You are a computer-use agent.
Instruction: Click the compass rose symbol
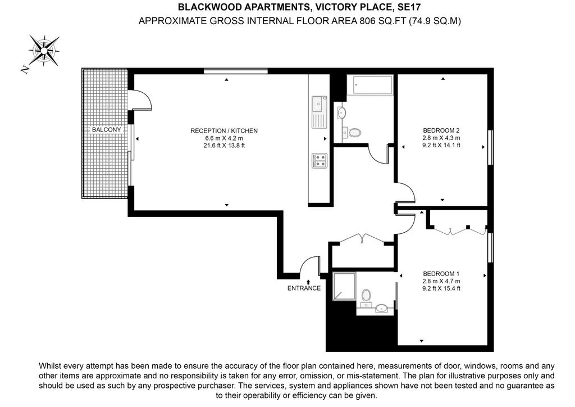point(44,51)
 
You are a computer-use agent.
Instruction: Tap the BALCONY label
point(106,129)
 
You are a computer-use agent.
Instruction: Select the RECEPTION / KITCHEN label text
point(224,130)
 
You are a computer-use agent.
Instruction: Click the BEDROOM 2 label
point(441,130)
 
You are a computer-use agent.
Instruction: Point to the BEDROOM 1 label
point(441,273)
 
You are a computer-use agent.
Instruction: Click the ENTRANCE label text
point(304,288)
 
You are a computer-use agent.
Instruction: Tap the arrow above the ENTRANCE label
point(308,282)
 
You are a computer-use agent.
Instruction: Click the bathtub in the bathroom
point(369,85)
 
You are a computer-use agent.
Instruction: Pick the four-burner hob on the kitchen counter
point(320,160)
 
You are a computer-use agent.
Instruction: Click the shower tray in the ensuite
point(344,286)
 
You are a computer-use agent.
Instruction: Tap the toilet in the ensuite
point(366,297)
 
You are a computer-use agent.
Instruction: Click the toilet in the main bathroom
point(352,132)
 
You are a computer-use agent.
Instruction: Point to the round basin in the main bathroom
point(341,113)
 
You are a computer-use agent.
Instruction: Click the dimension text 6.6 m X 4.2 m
point(224,138)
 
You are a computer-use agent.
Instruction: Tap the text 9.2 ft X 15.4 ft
point(441,288)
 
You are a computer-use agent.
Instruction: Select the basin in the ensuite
point(382,308)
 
